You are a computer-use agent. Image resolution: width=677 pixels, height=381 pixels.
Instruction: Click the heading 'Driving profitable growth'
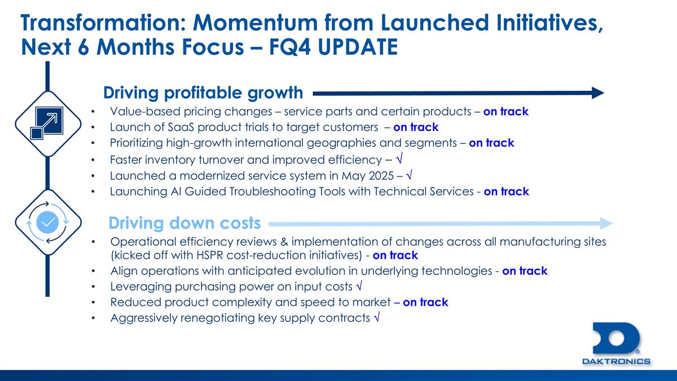[203, 92]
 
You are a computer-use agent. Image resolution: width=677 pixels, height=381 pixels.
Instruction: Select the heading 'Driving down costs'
[184, 223]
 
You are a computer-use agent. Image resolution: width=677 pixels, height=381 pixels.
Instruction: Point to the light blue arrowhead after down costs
[606, 223]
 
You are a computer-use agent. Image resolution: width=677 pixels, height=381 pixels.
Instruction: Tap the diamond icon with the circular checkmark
[47, 222]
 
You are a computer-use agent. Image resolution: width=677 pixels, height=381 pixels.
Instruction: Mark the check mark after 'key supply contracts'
[376, 318]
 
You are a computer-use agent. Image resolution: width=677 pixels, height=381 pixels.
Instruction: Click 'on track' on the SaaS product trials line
[416, 127]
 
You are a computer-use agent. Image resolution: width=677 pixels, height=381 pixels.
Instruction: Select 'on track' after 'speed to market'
[425, 302]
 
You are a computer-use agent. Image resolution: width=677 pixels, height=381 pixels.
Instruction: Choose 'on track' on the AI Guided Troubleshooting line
[506, 191]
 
